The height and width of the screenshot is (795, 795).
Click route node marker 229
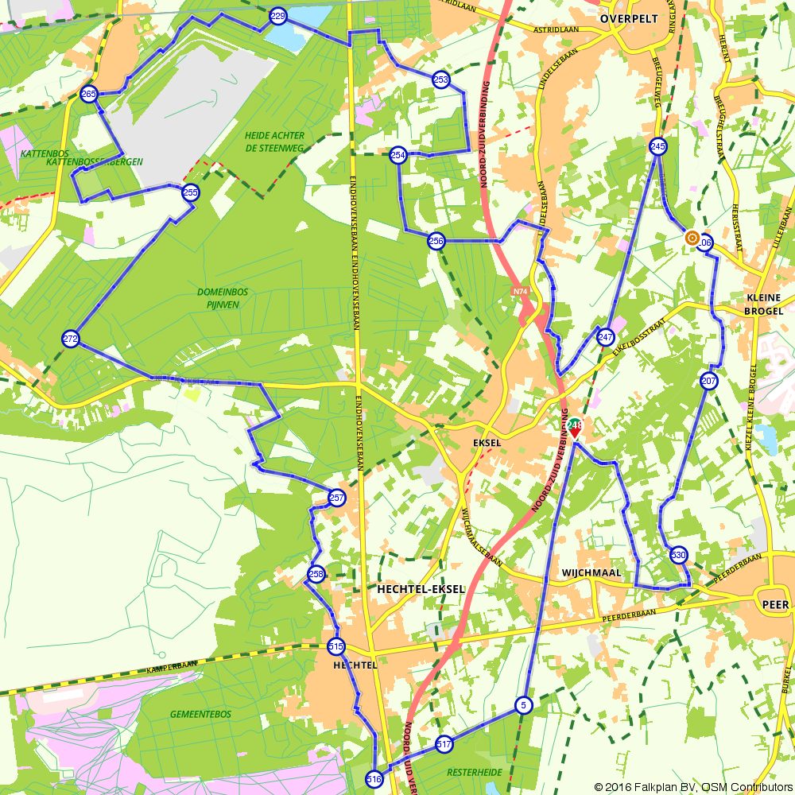[x=277, y=16]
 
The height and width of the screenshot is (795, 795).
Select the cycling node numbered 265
[x=89, y=94]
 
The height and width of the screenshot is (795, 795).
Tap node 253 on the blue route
[x=441, y=79]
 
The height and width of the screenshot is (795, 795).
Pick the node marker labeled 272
[x=71, y=339]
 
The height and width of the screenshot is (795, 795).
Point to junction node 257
[x=337, y=498]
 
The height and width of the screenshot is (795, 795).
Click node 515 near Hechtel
[x=335, y=646]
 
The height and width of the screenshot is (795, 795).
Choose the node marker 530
[x=678, y=555]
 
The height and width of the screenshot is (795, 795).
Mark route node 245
[x=657, y=146]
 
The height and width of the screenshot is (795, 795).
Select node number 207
[x=709, y=382]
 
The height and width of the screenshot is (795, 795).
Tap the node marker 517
[x=444, y=744]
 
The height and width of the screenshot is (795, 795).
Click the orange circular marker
[x=692, y=238]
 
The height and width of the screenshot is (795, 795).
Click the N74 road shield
[x=520, y=292]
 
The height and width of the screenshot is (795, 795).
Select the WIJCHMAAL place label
[x=589, y=572]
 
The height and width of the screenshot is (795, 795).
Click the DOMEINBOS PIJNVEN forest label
[x=223, y=297]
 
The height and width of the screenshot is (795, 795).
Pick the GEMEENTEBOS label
[x=200, y=714]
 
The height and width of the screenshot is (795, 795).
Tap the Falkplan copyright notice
[x=692, y=786]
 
